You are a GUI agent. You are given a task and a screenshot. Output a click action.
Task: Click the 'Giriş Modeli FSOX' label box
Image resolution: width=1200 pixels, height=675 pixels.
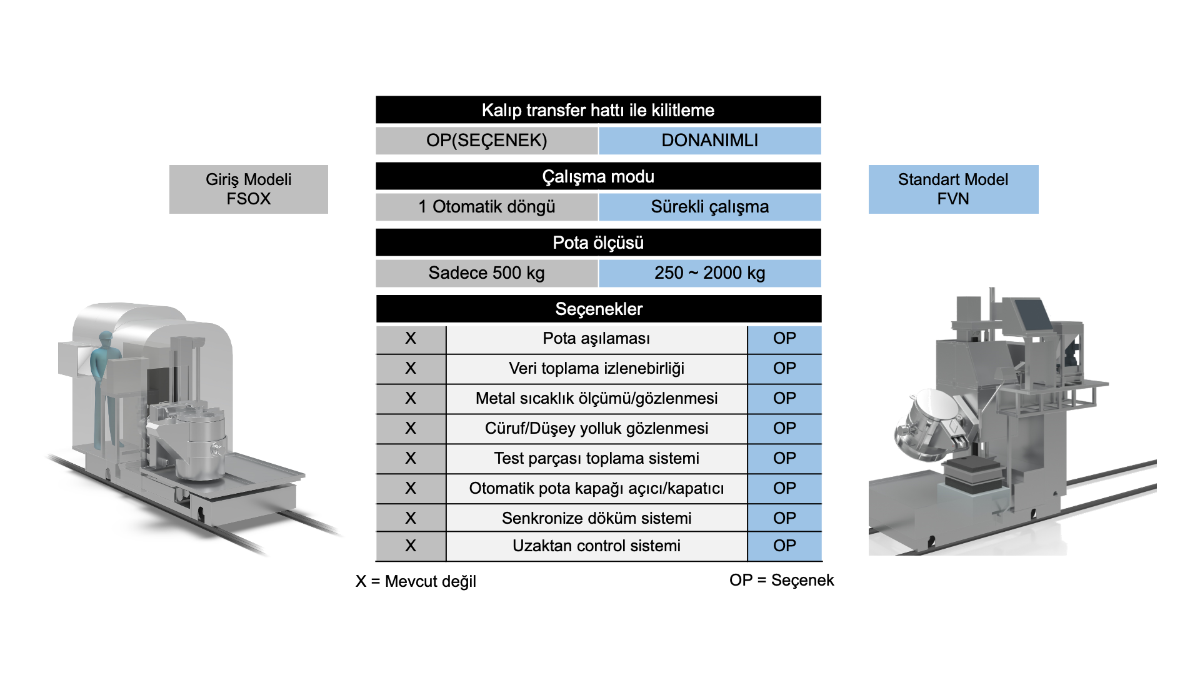tap(249, 189)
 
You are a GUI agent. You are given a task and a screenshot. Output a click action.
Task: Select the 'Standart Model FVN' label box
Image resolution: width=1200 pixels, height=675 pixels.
tap(953, 189)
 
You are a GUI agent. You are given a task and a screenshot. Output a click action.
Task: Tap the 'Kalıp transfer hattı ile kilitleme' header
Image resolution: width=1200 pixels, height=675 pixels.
tap(598, 110)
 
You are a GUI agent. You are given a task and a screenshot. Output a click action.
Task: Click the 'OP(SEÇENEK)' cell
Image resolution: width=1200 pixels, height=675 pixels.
tap(487, 141)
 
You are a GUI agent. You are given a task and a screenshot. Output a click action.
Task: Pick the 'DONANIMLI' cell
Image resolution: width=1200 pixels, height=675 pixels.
tap(710, 141)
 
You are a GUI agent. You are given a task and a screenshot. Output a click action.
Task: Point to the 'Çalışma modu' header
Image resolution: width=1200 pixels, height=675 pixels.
tap(598, 176)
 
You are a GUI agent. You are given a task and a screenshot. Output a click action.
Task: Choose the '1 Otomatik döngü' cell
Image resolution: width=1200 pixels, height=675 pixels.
tap(487, 207)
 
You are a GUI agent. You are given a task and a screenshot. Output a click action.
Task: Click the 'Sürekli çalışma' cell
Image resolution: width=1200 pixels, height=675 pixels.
tap(710, 207)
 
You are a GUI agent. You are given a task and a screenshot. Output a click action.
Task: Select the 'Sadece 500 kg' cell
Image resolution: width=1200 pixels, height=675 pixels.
tap(487, 273)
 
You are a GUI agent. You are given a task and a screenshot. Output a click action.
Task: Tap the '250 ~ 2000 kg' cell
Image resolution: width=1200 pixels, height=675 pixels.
tap(710, 273)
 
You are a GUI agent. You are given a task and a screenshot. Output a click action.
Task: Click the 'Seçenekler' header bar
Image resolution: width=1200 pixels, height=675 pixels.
tap(599, 309)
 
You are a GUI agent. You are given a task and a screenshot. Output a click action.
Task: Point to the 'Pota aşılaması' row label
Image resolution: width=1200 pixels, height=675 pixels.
tap(596, 339)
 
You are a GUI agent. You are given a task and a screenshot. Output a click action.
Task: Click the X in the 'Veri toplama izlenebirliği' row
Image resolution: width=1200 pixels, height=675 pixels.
tap(411, 369)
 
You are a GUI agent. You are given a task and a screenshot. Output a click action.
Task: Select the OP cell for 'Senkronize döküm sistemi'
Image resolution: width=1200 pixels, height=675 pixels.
tap(784, 518)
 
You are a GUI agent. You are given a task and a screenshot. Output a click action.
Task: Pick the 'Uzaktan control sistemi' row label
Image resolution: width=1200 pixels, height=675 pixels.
tap(596, 546)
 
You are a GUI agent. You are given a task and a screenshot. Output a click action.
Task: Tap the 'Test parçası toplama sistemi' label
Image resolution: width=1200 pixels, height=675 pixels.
tap(596, 458)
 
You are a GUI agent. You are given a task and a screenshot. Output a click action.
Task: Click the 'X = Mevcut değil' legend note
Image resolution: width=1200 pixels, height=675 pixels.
tap(416, 581)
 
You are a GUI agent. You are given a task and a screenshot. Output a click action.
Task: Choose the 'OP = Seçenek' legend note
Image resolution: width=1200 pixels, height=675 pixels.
tap(781, 580)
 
